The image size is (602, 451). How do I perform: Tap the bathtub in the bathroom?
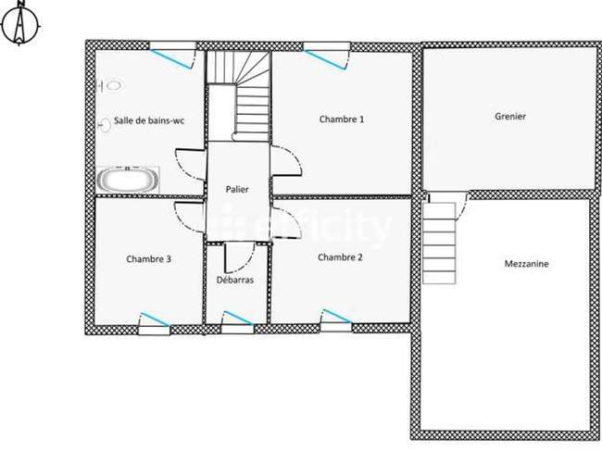point(128,180)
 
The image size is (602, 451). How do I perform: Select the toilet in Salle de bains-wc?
point(111,85)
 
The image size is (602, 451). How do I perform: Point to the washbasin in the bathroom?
point(105,125)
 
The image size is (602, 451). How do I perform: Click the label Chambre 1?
point(342,119)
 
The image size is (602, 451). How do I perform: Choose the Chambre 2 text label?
point(340,257)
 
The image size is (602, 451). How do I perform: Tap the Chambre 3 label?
point(148,259)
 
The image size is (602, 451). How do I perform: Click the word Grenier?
point(510,117)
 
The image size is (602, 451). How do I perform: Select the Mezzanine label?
point(526,264)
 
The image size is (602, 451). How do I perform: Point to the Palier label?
point(237,189)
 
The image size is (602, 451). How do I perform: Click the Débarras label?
point(235,280)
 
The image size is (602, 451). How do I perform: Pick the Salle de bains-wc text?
point(149,121)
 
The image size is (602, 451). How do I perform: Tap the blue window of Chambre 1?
point(326,60)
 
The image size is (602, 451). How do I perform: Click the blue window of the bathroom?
point(170,59)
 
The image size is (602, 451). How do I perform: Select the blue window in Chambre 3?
point(156,319)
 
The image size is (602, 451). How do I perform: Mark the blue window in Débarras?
point(238,318)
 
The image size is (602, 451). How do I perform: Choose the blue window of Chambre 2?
point(337,316)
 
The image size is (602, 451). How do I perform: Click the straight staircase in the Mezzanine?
point(439,244)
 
